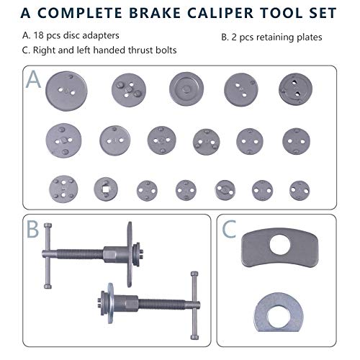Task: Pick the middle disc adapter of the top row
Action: coord(186,89)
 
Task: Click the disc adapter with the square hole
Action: coord(105,189)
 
